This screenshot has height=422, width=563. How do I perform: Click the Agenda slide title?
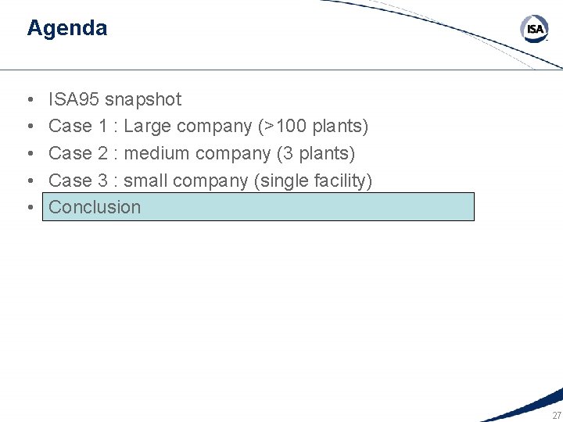66,28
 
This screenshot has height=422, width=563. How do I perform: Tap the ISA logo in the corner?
535,30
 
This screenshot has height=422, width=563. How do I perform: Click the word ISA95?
74,99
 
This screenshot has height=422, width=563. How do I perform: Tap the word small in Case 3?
145,181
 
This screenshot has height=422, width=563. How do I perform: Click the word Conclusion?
95,207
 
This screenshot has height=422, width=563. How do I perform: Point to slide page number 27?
556,415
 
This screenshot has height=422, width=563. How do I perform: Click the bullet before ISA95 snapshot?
29,100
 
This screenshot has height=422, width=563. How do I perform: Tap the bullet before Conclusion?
29,208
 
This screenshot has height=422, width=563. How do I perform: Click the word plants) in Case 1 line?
340,126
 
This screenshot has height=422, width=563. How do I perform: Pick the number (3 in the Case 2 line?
283,153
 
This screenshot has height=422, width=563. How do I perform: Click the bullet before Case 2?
29,154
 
